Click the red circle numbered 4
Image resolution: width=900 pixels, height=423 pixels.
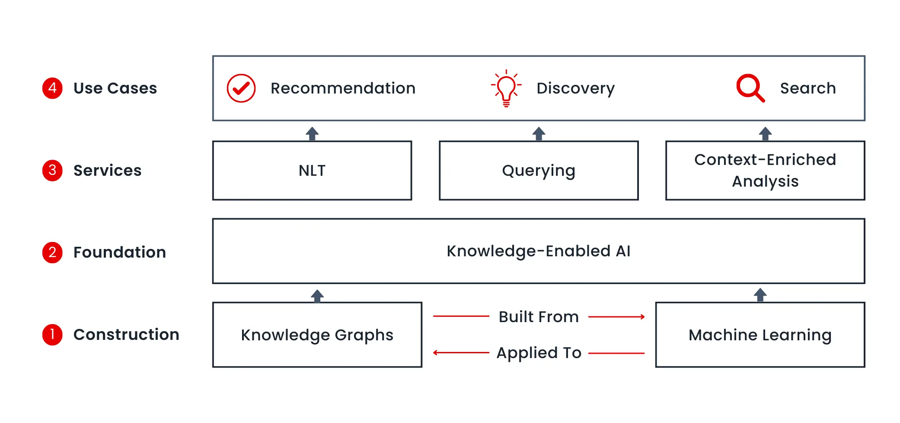click(x=52, y=88)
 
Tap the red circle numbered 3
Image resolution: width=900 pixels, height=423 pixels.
click(x=52, y=171)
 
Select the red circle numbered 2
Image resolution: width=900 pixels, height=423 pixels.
click(x=52, y=252)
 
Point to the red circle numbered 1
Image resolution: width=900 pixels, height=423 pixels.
click(x=52, y=335)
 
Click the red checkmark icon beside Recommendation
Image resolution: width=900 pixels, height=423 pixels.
click(x=241, y=88)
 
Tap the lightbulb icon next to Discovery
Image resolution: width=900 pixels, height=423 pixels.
click(x=506, y=88)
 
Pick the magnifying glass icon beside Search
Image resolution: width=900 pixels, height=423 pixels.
click(x=750, y=88)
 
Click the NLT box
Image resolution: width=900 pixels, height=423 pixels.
click(x=312, y=171)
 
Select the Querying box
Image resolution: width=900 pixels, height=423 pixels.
click(x=539, y=171)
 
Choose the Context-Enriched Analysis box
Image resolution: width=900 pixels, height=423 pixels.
click(x=765, y=171)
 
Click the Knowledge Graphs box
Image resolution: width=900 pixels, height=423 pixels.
click(x=317, y=335)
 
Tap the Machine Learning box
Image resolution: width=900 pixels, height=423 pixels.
click(x=760, y=335)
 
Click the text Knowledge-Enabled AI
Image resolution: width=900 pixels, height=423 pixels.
click(x=539, y=251)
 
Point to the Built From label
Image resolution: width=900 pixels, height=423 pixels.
click(x=539, y=317)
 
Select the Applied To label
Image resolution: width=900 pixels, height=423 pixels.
click(x=539, y=353)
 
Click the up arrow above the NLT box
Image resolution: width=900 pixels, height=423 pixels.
click(x=312, y=133)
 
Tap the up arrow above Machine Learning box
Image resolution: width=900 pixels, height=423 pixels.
click(x=760, y=295)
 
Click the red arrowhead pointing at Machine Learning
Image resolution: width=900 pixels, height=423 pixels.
click(x=643, y=317)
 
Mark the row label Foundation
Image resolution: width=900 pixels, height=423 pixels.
click(x=120, y=252)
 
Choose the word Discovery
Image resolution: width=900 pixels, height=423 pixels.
click(x=575, y=88)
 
